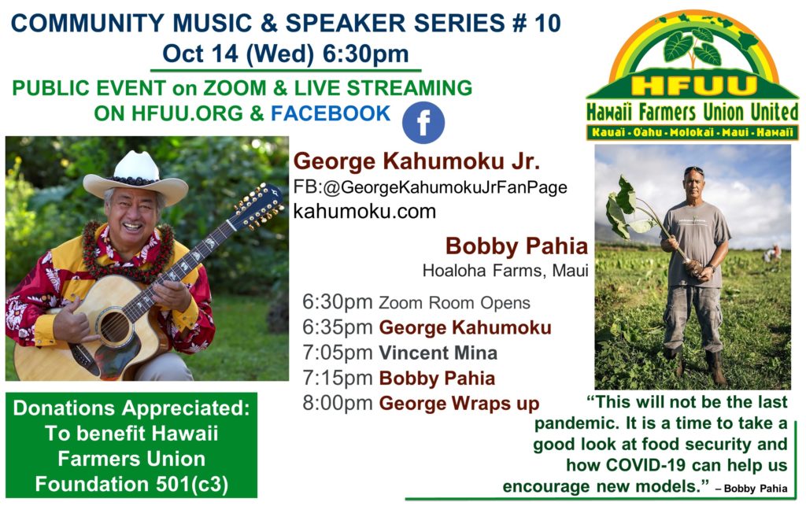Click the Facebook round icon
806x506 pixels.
423,122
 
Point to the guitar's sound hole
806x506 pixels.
115,327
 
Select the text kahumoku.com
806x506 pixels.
364,211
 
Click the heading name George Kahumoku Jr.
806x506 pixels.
416,161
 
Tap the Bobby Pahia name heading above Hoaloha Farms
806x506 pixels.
516,246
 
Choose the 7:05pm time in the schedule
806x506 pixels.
337,353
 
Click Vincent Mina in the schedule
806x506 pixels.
438,353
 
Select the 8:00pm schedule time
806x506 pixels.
337,403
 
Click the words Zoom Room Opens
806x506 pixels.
454,303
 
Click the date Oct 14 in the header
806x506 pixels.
201,54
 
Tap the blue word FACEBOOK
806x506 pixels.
331,113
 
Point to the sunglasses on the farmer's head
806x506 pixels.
693,169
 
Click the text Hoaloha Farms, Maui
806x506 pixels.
505,271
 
